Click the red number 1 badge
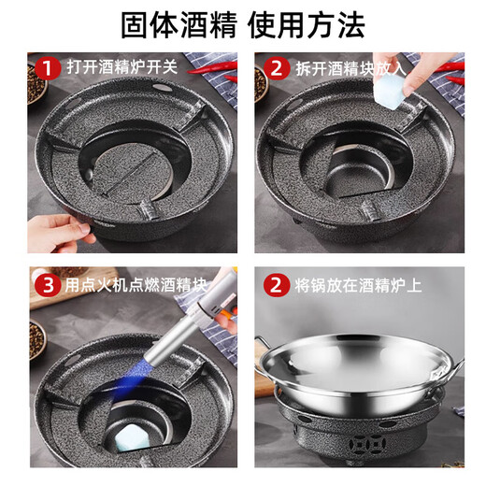[x=45, y=67]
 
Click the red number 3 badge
[x=45, y=282]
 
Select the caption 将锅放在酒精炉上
[x=349, y=282]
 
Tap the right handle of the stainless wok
[x=455, y=364]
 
